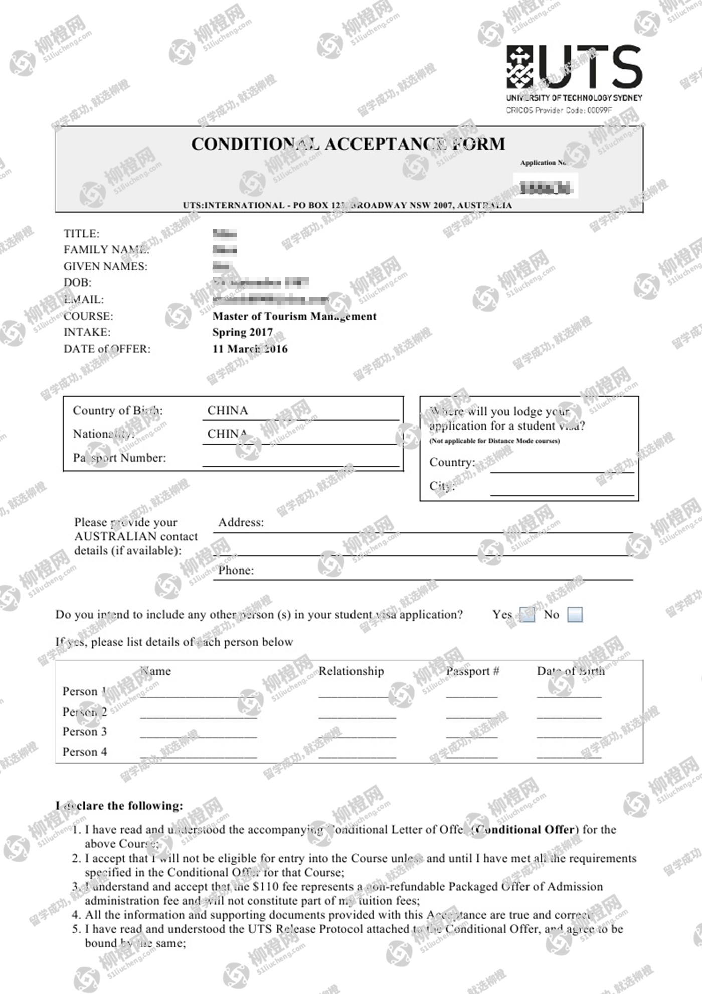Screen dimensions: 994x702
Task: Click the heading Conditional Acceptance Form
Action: click(x=348, y=144)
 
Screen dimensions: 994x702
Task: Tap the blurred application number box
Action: click(x=545, y=187)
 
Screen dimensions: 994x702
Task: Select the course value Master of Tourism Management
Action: click(x=294, y=316)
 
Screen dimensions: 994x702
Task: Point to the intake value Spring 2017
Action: click(x=242, y=332)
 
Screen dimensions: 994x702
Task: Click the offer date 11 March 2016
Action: click(x=250, y=349)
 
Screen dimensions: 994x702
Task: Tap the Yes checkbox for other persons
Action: click(x=527, y=615)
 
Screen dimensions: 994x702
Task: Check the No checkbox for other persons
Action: click(x=575, y=615)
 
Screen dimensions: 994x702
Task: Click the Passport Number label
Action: click(x=119, y=458)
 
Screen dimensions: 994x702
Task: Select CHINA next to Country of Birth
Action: click(x=228, y=411)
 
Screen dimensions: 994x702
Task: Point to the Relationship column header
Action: click(x=351, y=671)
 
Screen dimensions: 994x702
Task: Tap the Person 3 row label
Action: click(x=84, y=732)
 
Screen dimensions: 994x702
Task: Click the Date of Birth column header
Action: click(x=571, y=671)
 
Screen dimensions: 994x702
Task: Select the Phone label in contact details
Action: click(x=236, y=571)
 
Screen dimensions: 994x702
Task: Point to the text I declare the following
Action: click(x=119, y=806)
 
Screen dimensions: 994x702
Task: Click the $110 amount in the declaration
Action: click(x=265, y=887)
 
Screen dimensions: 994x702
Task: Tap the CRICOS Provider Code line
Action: click(x=559, y=110)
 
